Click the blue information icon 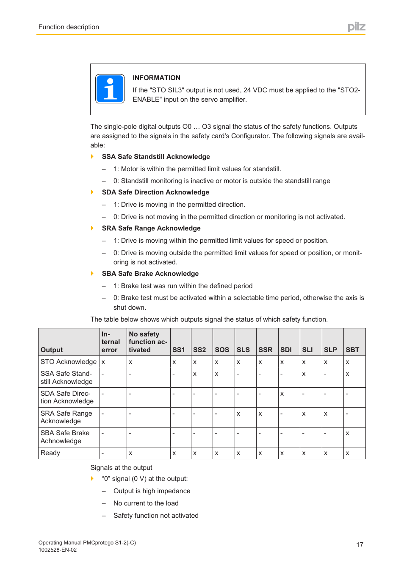[110, 89]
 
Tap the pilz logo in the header [356, 27]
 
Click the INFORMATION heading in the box [156, 78]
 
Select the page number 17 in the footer [359, 544]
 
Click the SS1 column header [179, 350]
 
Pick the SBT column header [352, 350]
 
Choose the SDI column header [286, 350]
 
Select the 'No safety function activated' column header [148, 342]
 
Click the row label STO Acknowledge [69, 361]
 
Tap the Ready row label [50, 453]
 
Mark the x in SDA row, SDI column [282, 394]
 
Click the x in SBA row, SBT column [347, 433]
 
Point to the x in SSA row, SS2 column [195, 374]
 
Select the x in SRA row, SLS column [238, 414]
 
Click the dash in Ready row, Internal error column [103, 453]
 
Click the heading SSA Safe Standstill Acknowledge [156, 157]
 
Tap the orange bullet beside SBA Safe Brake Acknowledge [92, 273]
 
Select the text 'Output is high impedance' [152, 491]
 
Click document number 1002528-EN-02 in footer [58, 550]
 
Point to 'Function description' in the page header [69, 27]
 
